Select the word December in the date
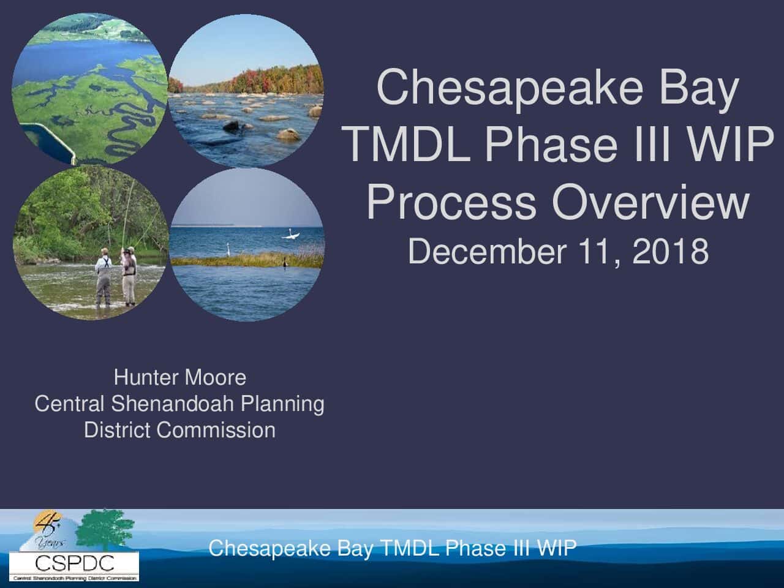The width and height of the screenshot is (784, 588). click(x=487, y=251)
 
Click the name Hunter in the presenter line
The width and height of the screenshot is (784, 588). click(x=145, y=377)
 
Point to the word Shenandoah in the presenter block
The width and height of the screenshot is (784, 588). click(x=172, y=404)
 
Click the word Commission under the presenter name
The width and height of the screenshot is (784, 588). click(x=216, y=430)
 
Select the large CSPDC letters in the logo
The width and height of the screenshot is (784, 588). click(x=75, y=563)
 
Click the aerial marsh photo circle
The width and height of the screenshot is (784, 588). click(x=89, y=89)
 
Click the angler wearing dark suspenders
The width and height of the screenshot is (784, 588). click(x=104, y=277)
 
